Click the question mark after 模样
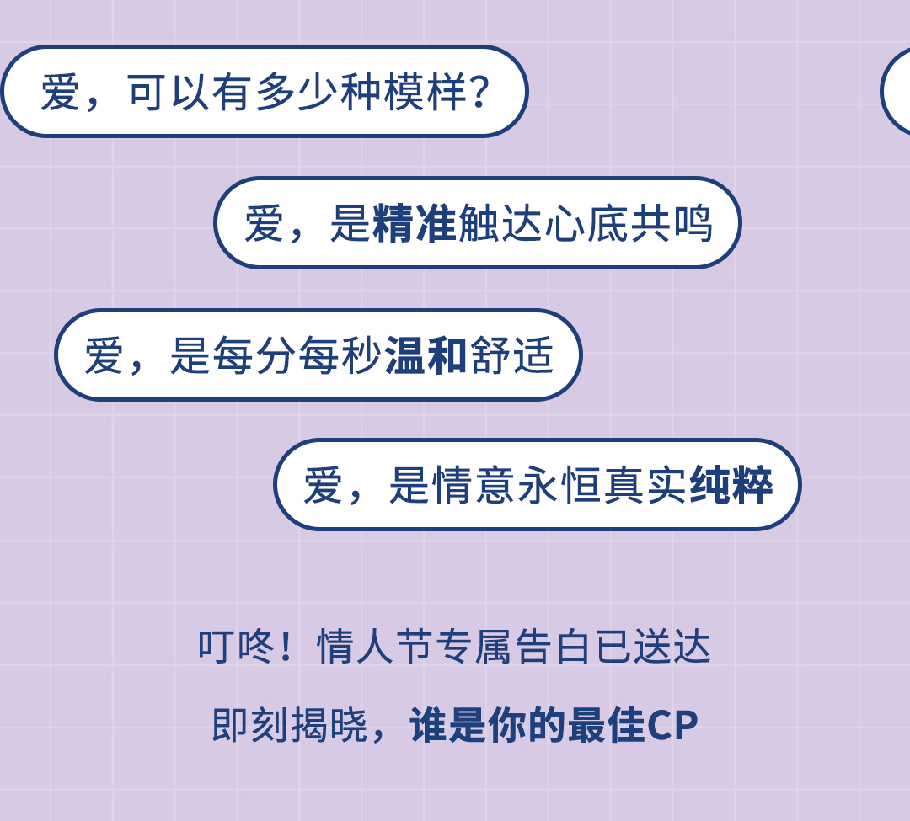[x=479, y=93]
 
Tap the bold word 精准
[x=414, y=224]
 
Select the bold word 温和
[x=426, y=356]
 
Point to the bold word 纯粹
[x=731, y=486]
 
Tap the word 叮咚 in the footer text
[x=235, y=648]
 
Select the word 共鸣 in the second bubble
[x=671, y=224]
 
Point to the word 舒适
[x=511, y=356]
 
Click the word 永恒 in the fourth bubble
[x=559, y=486]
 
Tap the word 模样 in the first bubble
[x=425, y=93]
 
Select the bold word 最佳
[x=607, y=727]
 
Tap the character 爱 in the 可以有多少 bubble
[x=60, y=93]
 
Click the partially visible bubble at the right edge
[x=898, y=91]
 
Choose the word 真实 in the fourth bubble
[x=645, y=486]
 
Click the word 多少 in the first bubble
[x=297, y=93]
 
